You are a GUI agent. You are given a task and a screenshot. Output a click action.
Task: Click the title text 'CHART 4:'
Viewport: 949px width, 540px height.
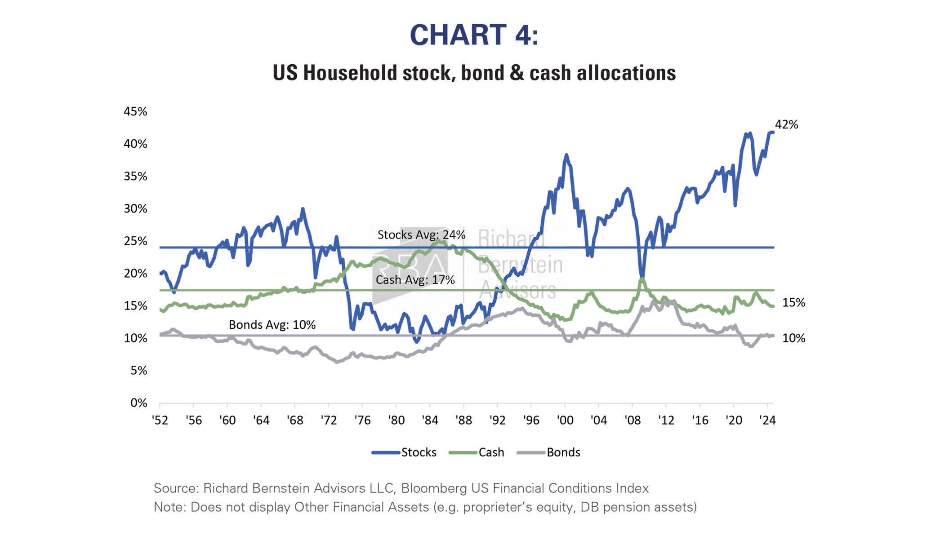click(474, 35)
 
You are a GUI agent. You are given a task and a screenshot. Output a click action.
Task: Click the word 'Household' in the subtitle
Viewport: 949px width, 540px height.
click(350, 73)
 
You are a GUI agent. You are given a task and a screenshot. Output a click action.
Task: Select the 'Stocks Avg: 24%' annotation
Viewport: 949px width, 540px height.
click(421, 235)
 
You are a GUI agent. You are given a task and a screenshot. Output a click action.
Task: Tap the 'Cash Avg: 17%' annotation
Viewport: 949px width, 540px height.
click(415, 280)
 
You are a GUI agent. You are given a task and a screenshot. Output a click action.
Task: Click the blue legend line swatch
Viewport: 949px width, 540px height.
click(386, 452)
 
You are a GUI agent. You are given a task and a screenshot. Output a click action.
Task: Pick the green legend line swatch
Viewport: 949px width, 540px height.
click(463, 452)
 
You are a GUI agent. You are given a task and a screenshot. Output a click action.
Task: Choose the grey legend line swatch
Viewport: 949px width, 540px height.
click(531, 452)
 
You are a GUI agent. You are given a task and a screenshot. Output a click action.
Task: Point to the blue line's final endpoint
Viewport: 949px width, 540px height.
click(773, 132)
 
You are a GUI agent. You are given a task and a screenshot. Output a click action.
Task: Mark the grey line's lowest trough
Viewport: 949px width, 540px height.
click(337, 362)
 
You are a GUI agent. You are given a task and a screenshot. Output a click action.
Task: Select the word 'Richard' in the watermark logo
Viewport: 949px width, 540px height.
click(511, 238)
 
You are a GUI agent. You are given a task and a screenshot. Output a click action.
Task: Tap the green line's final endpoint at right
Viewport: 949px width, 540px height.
click(773, 306)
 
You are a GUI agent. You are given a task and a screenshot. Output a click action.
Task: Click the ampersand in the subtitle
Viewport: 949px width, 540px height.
click(517, 73)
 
